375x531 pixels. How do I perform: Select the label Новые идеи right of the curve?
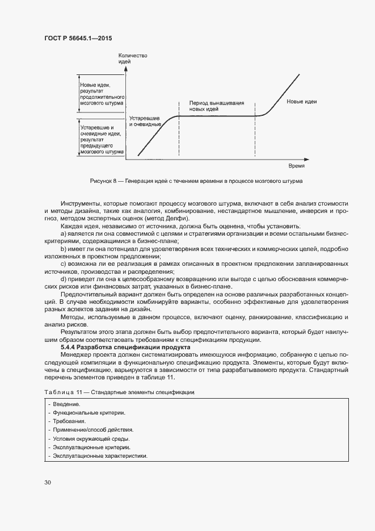(301, 102)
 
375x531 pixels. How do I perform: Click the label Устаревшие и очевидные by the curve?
(146, 120)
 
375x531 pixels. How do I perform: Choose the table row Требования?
(69, 421)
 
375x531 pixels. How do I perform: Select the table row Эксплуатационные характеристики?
(99, 457)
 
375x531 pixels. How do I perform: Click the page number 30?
(48, 483)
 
